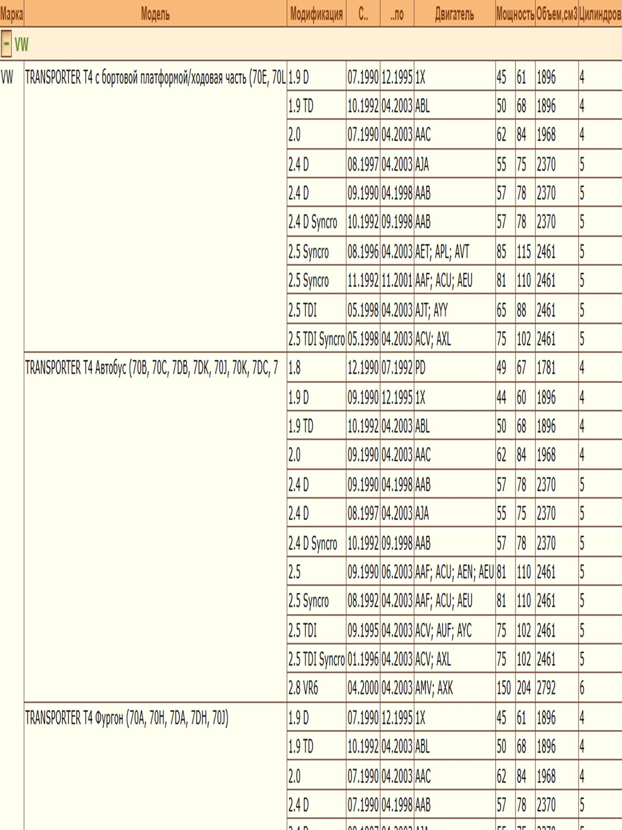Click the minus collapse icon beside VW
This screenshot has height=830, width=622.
coord(6,43)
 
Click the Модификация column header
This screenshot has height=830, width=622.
coord(316,14)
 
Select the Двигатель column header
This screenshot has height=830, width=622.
coord(454,14)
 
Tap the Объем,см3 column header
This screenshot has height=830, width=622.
coord(556,14)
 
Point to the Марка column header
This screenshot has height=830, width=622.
coord(12,14)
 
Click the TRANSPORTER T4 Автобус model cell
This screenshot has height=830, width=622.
coord(152,368)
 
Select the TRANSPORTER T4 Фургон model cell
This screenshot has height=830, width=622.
coord(127,718)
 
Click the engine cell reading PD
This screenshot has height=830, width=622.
coord(420,368)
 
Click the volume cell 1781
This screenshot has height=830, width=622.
coord(546,368)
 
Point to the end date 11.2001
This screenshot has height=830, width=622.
coord(397,281)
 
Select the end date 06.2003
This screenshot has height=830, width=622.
coord(397,572)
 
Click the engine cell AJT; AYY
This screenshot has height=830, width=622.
coord(431,310)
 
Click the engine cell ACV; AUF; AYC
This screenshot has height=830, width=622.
coord(443,630)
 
